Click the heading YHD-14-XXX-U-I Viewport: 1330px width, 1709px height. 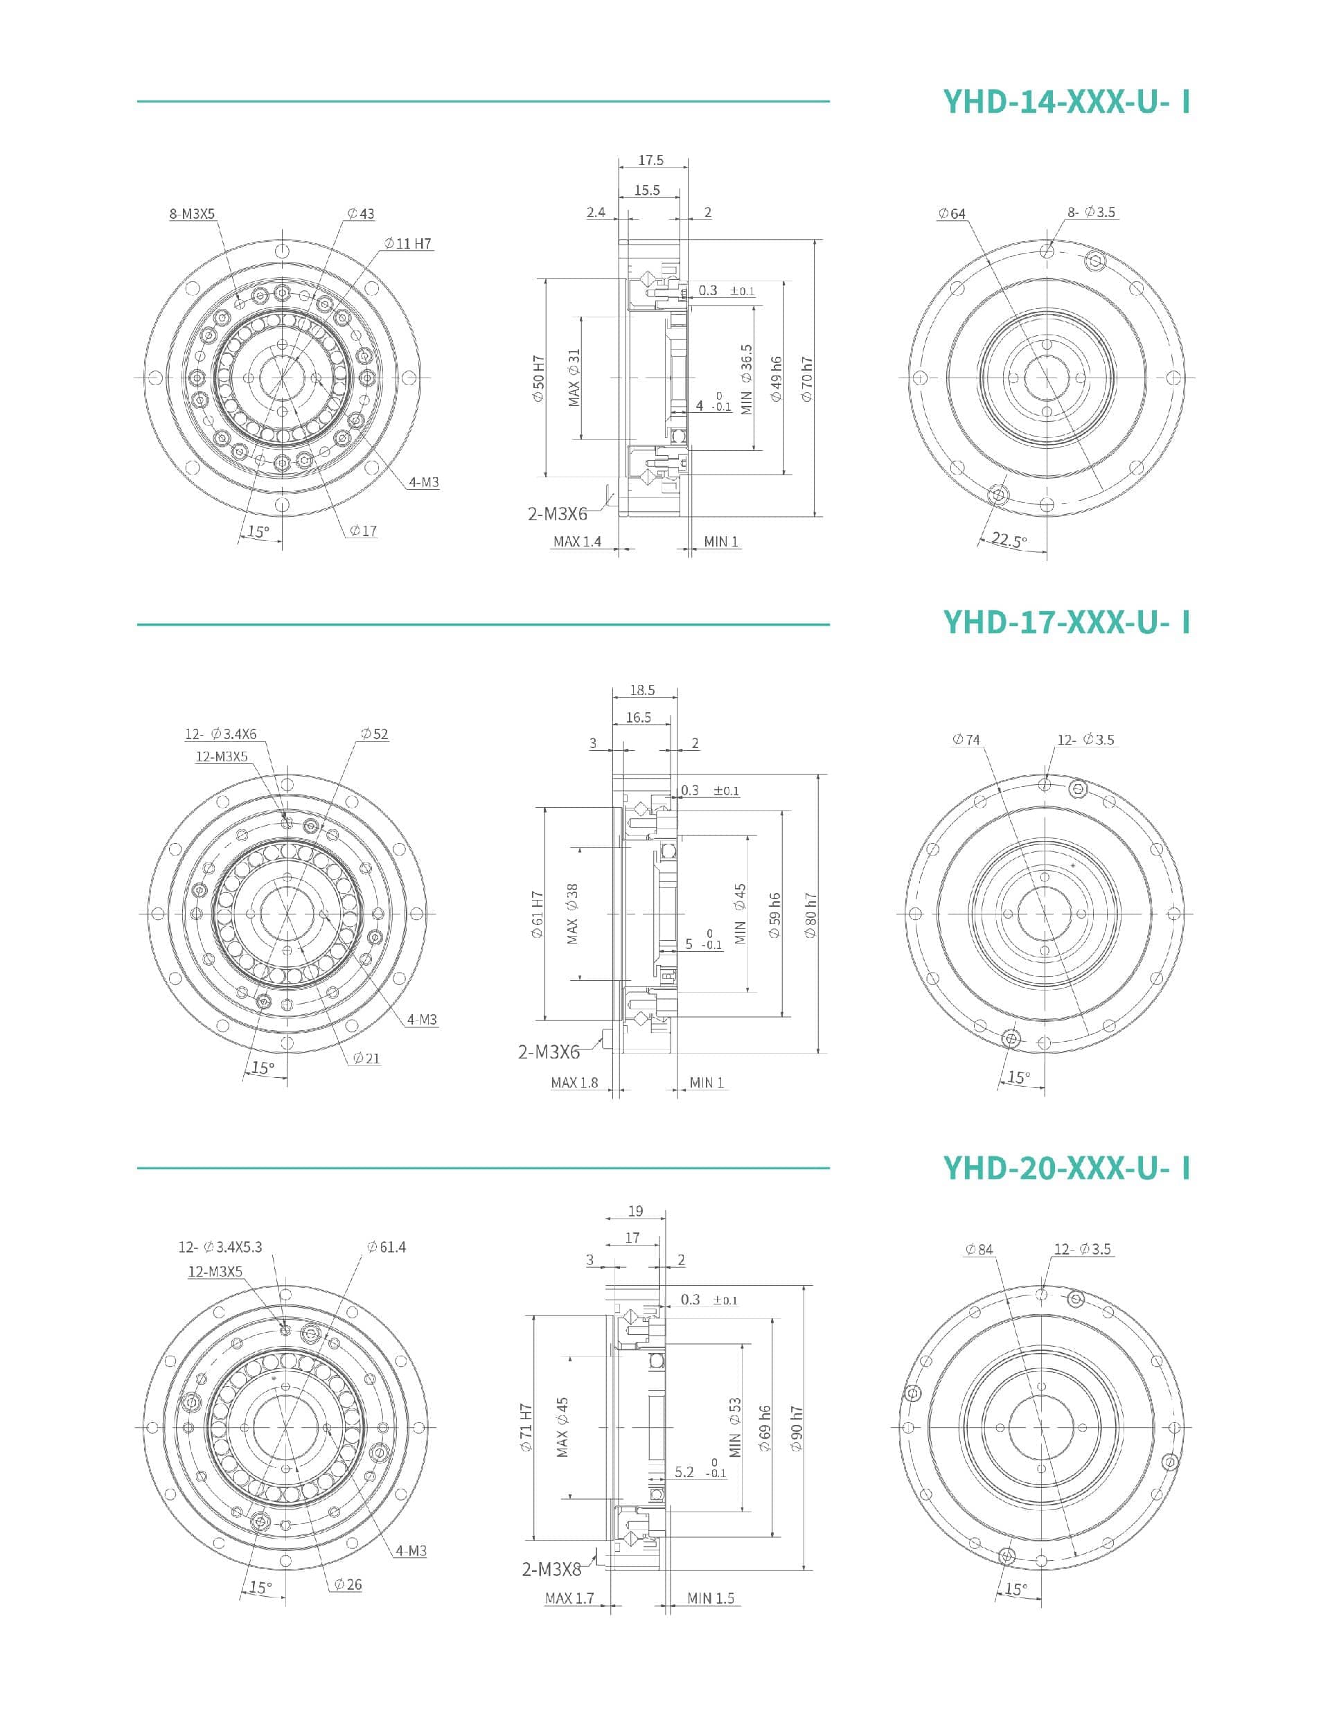(x=1066, y=102)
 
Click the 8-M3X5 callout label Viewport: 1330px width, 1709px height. (x=192, y=213)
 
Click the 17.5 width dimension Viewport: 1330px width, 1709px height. (x=650, y=159)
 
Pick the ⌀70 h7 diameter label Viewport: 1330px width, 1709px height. (x=806, y=380)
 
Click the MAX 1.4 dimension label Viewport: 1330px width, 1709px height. (x=578, y=542)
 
